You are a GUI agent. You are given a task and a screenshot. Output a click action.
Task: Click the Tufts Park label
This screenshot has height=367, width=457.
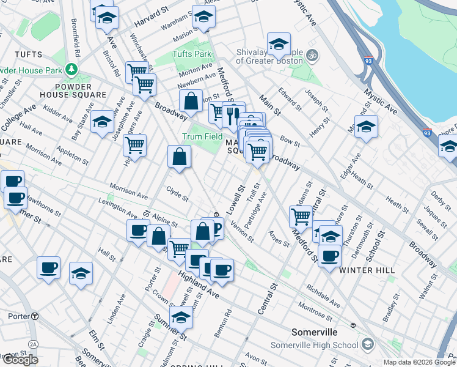pos(191,54)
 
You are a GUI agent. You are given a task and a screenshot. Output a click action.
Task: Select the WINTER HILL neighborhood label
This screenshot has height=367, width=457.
pos(364,270)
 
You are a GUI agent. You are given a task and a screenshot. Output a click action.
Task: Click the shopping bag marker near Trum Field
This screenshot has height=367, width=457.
pos(180,157)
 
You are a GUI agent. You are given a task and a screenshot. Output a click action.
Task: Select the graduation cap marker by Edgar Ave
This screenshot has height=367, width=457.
pos(366,127)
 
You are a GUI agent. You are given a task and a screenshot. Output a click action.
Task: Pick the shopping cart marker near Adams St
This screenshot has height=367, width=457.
pos(301,217)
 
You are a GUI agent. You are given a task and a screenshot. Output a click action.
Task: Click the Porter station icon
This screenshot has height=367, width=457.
pos(35,316)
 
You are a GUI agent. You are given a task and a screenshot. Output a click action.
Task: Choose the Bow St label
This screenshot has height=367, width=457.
pos(289,142)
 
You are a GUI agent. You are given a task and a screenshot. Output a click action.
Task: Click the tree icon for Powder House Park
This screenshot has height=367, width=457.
pos(72,69)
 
